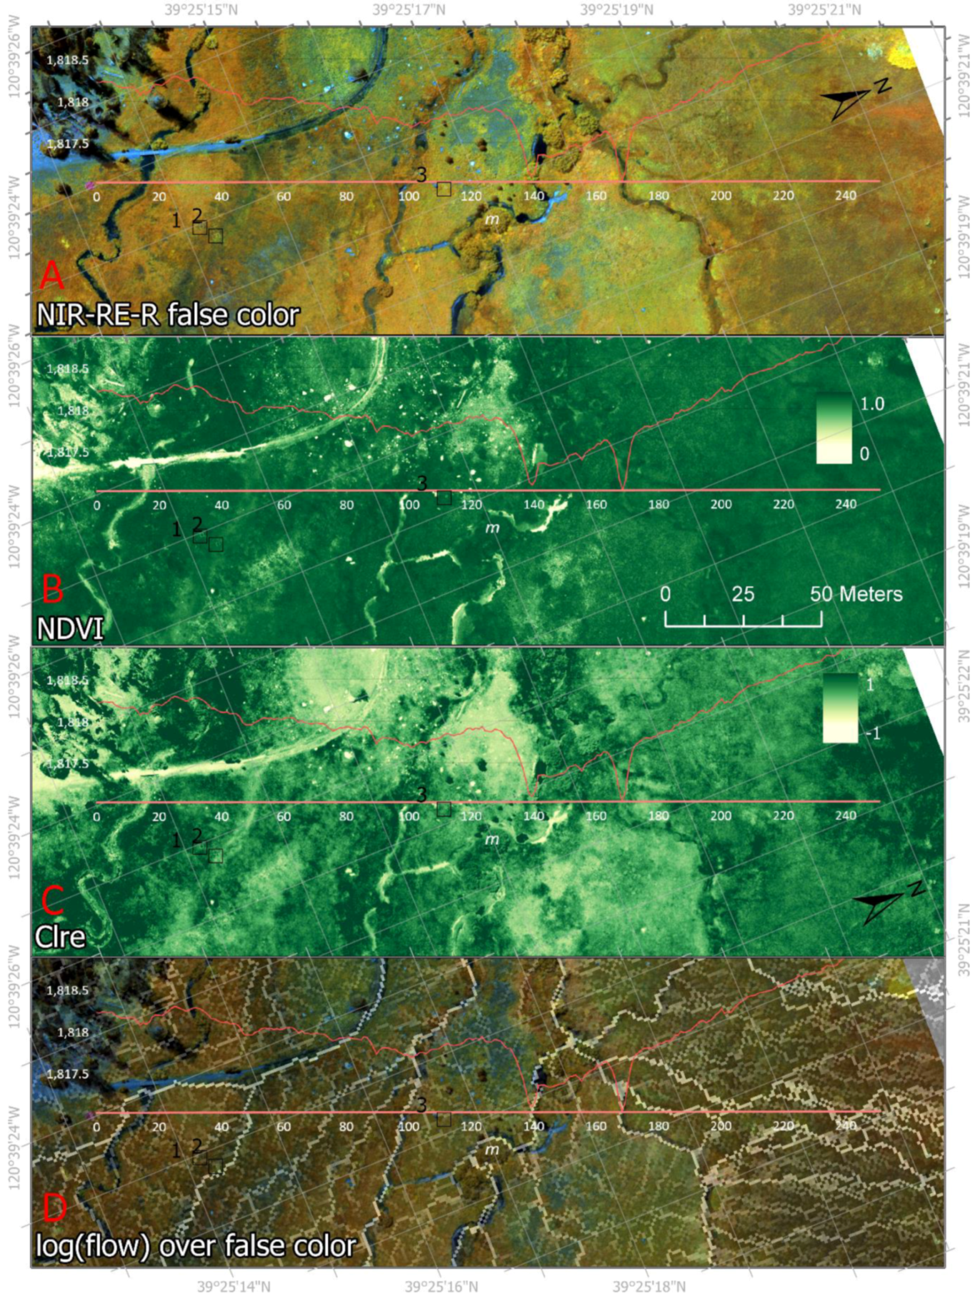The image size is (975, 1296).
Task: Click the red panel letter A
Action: [x=52, y=275]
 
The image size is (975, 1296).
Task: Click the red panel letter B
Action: [x=53, y=588]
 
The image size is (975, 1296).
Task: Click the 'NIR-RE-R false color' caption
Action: [x=168, y=314]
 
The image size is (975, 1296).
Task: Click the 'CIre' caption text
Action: [x=60, y=937]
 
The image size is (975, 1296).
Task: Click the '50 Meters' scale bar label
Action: [x=856, y=594]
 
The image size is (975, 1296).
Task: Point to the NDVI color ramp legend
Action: [x=833, y=429]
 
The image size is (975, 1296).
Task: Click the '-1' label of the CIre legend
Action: [x=873, y=733]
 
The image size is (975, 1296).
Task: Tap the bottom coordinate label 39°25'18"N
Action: [x=649, y=1286]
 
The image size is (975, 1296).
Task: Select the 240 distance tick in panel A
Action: [x=845, y=196]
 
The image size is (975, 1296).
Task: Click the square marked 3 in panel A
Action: [x=443, y=189]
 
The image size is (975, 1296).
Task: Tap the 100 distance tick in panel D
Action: [x=408, y=1127]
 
